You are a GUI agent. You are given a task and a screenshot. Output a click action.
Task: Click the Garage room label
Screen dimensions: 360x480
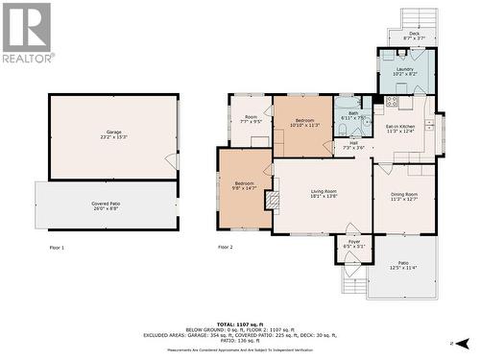(114, 133)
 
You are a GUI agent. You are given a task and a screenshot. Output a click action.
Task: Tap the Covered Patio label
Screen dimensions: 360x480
(107, 205)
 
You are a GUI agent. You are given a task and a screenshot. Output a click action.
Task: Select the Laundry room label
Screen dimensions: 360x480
(404, 71)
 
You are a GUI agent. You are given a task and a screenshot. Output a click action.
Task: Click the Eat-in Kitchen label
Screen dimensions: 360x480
(400, 129)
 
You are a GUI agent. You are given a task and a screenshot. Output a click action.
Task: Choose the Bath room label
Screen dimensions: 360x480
(352, 115)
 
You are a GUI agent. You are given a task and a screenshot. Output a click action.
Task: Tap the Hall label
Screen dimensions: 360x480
(353, 145)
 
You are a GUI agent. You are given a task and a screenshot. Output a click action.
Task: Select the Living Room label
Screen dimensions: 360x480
(324, 193)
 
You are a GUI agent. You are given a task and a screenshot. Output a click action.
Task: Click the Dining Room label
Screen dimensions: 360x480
(403, 197)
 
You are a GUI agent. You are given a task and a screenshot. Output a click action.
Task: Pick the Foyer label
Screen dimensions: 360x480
(353, 244)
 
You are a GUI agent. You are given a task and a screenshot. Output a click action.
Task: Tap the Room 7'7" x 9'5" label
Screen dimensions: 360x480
(251, 120)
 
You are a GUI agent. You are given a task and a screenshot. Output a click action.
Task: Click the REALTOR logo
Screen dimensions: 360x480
(27, 33)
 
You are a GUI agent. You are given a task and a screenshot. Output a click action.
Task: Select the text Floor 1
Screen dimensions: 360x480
(57, 248)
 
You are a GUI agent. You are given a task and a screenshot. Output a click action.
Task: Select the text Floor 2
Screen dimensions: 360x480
(226, 248)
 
